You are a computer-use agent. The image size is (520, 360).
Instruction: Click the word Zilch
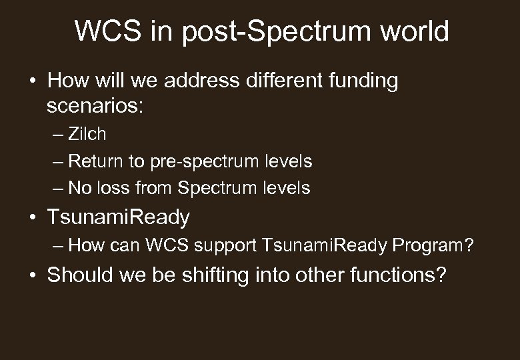(87, 134)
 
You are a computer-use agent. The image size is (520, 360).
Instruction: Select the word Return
(94, 161)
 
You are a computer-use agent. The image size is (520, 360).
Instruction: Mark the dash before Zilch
(59, 134)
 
